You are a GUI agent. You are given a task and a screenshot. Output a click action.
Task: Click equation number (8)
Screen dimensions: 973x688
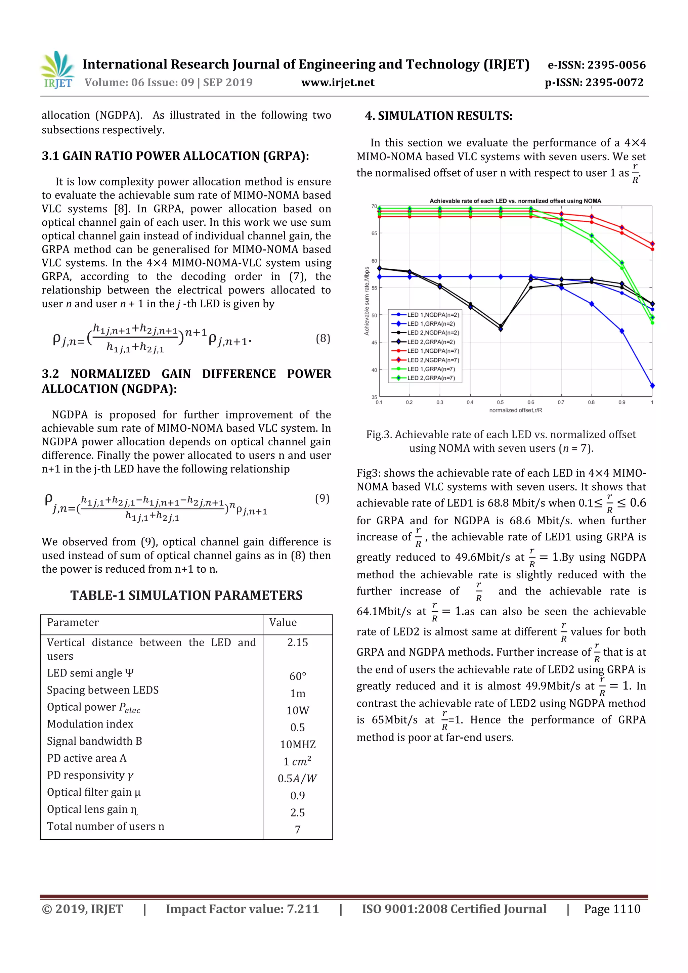[x=322, y=338]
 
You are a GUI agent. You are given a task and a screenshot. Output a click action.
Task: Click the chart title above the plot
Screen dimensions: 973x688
[x=515, y=201]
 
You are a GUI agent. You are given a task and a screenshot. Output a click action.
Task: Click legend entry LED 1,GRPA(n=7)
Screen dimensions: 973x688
[x=431, y=369]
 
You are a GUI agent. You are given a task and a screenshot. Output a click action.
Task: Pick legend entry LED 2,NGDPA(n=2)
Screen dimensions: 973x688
[x=433, y=333]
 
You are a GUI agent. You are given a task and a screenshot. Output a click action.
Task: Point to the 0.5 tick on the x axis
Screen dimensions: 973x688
[x=500, y=402]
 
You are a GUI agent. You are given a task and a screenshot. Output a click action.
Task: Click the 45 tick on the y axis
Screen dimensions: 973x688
[x=374, y=343]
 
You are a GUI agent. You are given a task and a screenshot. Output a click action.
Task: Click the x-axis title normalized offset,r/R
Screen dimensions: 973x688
[x=515, y=410]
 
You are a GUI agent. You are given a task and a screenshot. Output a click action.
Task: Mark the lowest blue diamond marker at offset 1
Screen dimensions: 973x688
[x=652, y=386]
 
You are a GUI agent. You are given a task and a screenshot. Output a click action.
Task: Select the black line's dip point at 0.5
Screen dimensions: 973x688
[x=501, y=327]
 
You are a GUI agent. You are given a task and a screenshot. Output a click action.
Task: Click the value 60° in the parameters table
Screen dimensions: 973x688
[x=298, y=676]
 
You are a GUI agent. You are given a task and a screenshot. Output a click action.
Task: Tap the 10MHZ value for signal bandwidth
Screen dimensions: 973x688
[x=298, y=744]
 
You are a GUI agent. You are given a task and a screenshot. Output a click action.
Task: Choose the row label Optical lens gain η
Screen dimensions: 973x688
[x=92, y=809]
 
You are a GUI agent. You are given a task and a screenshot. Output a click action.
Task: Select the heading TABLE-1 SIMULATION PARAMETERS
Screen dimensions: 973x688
[x=186, y=595]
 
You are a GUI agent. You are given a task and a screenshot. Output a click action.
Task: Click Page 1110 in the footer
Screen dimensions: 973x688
[x=612, y=909]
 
